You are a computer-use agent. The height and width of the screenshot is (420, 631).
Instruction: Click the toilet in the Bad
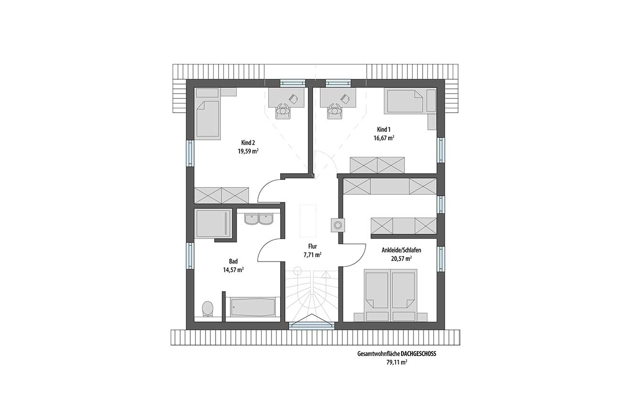208,309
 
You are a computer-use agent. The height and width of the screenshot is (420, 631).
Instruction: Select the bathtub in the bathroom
253,307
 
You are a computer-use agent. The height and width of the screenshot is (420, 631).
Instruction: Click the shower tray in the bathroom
214,223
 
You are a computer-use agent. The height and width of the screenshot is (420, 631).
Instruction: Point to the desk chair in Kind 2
283,112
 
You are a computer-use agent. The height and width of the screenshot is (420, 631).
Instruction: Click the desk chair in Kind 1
335,112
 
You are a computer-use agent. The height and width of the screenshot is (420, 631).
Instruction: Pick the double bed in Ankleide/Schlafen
391,295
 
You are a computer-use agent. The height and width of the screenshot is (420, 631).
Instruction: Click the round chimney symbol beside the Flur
337,226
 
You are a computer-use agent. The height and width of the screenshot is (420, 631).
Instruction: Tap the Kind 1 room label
384,130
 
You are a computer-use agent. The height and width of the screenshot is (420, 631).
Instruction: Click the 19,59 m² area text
248,151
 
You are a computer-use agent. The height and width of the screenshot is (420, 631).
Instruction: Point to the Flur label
313,246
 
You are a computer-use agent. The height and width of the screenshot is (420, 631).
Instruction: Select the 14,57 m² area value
233,270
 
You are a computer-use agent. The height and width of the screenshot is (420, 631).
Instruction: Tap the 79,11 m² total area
397,362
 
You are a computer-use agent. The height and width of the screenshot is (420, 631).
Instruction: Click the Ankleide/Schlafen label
402,250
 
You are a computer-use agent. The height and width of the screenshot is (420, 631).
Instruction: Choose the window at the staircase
312,325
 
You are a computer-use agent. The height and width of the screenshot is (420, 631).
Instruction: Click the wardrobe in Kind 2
221,195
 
